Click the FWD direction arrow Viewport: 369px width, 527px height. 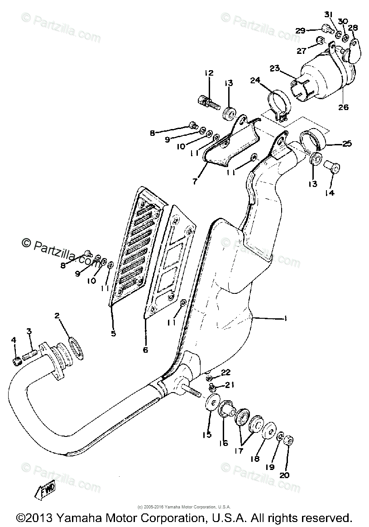(47, 490)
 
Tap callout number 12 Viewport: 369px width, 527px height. (209, 73)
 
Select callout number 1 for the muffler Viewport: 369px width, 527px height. (285, 318)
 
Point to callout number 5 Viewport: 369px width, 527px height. (113, 334)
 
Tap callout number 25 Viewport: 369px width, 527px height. (346, 144)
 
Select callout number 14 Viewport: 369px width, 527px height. (329, 193)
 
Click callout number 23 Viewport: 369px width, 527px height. (275, 68)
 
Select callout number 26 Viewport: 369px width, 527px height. (343, 107)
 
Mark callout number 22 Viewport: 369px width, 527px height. (226, 372)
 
